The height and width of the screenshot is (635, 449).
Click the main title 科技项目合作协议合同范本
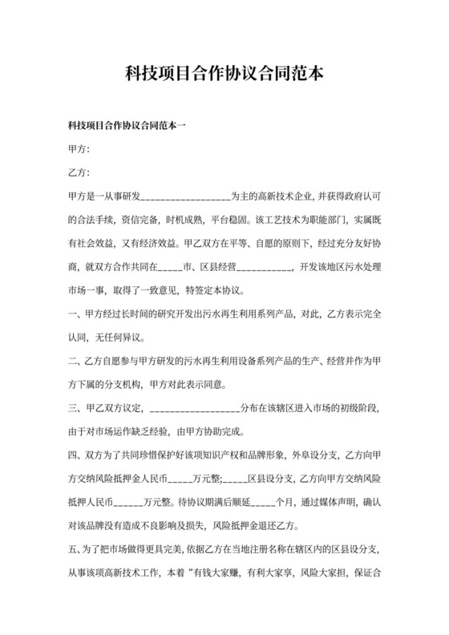pyautogui.click(x=224, y=75)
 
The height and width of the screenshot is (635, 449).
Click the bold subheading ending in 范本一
pyautogui.click(x=127, y=127)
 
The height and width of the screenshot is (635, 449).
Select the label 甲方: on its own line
pyautogui.click(x=79, y=150)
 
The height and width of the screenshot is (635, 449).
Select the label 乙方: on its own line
pyautogui.click(x=79, y=173)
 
